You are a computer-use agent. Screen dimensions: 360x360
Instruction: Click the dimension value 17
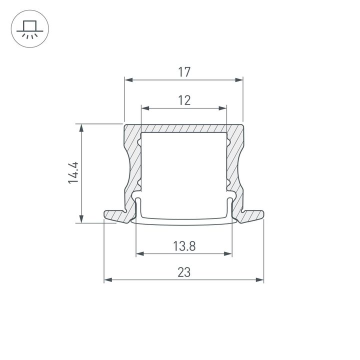(184, 72)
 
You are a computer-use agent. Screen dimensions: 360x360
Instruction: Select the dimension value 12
(184, 100)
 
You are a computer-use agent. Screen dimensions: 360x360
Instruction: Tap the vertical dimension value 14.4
(74, 172)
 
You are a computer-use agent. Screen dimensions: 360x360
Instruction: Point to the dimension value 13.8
(184, 246)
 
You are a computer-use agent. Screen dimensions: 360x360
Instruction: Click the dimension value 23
(184, 272)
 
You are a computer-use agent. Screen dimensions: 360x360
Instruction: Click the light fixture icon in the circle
(29, 29)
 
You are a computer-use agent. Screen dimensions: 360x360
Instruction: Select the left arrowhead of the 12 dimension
(145, 108)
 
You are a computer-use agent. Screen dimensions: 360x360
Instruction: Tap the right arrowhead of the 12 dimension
(223, 108)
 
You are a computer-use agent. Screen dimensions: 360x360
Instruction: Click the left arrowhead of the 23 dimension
(107, 280)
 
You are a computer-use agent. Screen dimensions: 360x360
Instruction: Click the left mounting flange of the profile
(117, 215)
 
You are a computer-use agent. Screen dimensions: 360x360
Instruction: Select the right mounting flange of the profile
(250, 215)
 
